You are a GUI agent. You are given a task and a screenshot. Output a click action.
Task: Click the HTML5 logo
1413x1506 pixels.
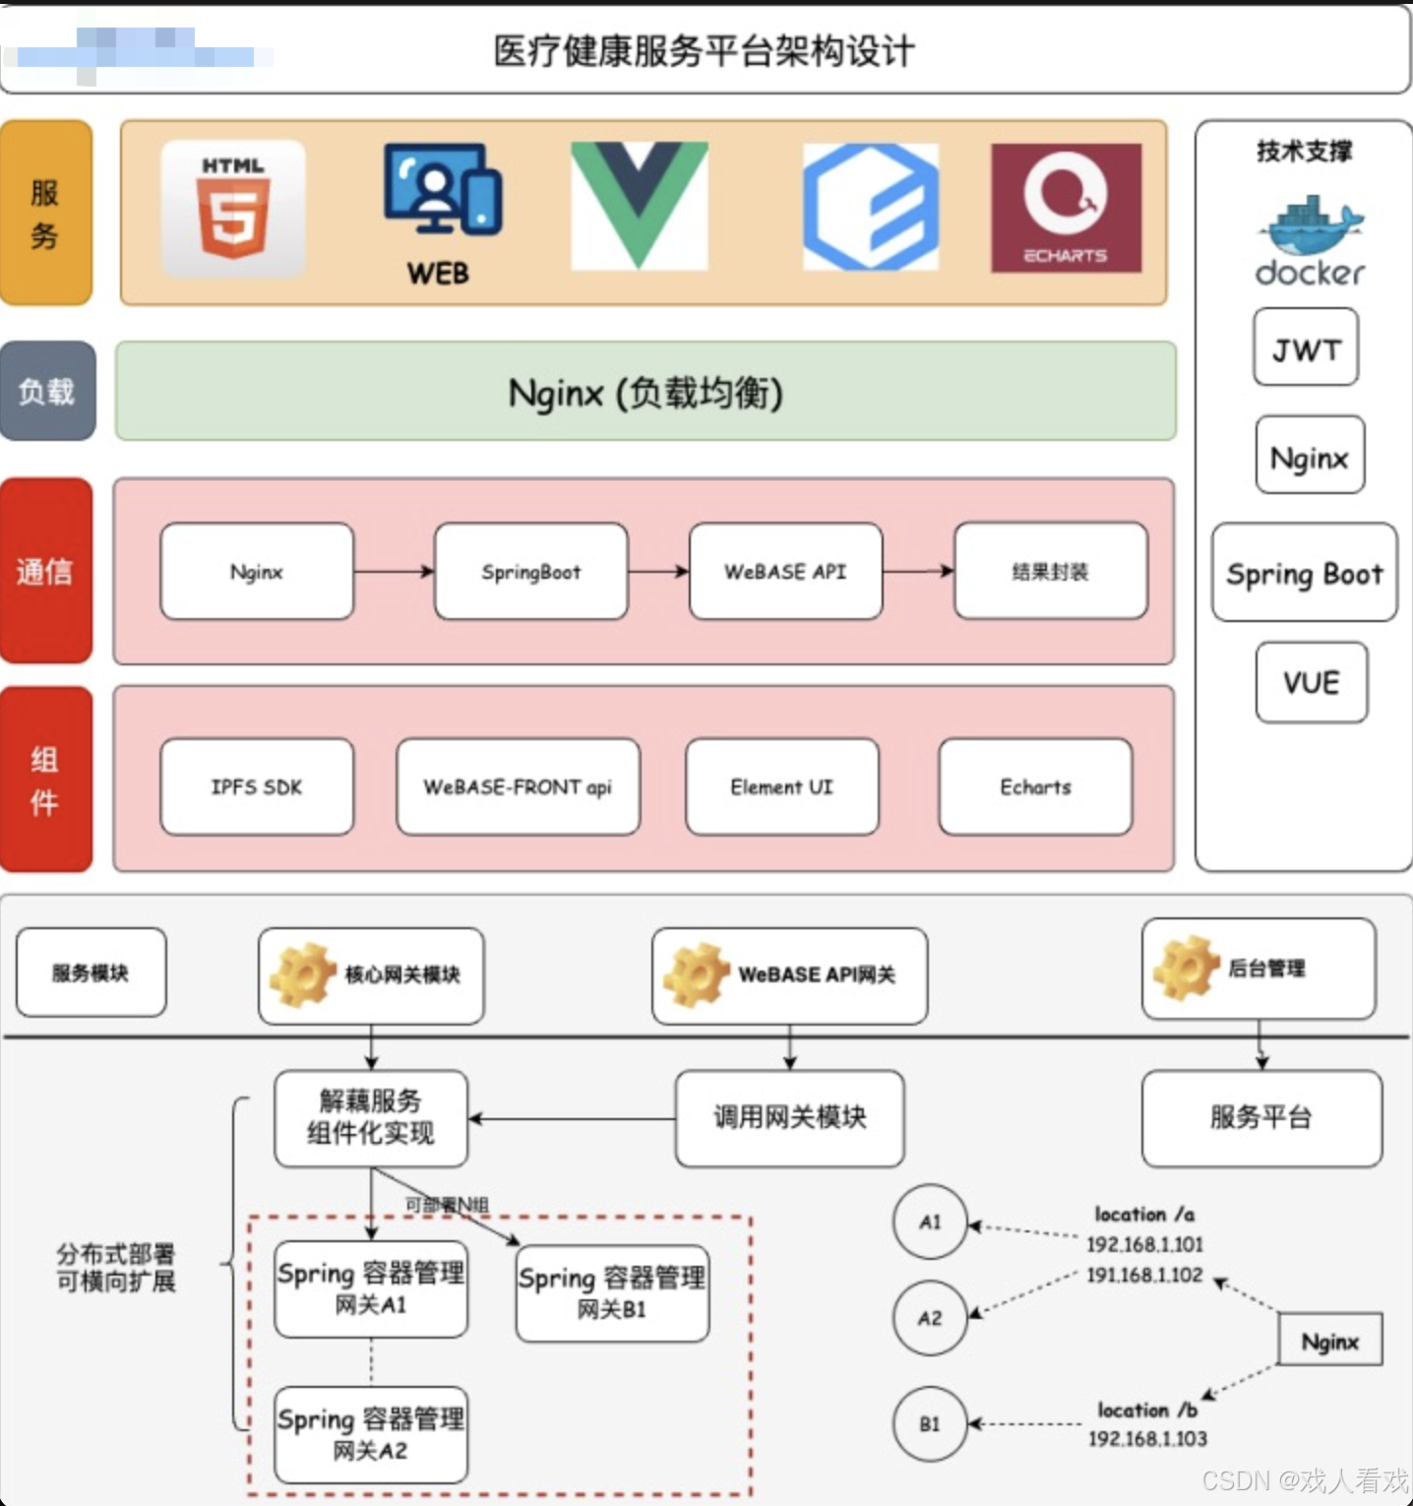point(233,208)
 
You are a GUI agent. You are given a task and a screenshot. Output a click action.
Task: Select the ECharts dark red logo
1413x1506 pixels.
point(1066,208)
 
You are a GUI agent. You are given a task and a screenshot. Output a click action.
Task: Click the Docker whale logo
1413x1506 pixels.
point(1310,227)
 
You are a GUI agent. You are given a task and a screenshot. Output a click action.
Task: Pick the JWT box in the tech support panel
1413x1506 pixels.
point(1306,347)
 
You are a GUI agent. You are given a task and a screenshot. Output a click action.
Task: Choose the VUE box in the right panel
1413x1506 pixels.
point(1311,682)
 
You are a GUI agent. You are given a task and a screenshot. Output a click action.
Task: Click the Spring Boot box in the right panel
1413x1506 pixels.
point(1304,573)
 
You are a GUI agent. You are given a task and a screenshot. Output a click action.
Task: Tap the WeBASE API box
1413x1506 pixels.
point(785,571)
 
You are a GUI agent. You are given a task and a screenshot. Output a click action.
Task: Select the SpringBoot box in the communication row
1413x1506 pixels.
point(530,571)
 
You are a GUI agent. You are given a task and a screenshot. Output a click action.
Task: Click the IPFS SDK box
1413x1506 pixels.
point(257,786)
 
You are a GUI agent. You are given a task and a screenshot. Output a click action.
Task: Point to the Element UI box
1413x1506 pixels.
point(781,786)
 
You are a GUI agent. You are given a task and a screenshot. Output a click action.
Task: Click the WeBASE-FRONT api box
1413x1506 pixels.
point(518,786)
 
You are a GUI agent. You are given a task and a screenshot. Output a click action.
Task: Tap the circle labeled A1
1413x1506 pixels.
point(930,1222)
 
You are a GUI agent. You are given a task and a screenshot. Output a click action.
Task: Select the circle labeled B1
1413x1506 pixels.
point(930,1423)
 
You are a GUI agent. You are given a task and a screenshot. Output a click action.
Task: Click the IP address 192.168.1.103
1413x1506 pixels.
point(1147,1438)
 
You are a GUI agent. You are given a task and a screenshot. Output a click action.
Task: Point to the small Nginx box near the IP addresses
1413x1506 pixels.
point(1329,1341)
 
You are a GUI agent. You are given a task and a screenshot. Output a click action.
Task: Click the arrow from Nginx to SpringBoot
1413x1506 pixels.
point(394,571)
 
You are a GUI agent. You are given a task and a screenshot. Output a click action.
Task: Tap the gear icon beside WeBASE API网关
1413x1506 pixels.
point(696,974)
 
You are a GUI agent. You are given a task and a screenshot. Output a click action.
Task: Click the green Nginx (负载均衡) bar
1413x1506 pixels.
point(645,392)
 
